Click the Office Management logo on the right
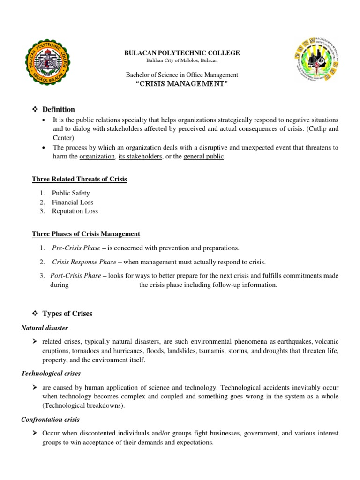click(x=317, y=63)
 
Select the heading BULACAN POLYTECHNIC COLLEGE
click(x=182, y=53)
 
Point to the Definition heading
click(x=58, y=109)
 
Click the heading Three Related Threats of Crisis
click(x=79, y=179)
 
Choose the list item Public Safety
click(x=71, y=193)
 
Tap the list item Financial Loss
click(x=73, y=202)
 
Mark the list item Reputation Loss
click(x=75, y=211)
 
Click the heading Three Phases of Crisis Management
click(x=86, y=234)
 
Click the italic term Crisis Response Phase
click(x=84, y=262)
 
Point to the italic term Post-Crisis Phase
click(x=76, y=276)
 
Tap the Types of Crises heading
click(x=67, y=314)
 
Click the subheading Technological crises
click(x=51, y=374)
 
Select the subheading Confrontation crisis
click(x=50, y=420)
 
